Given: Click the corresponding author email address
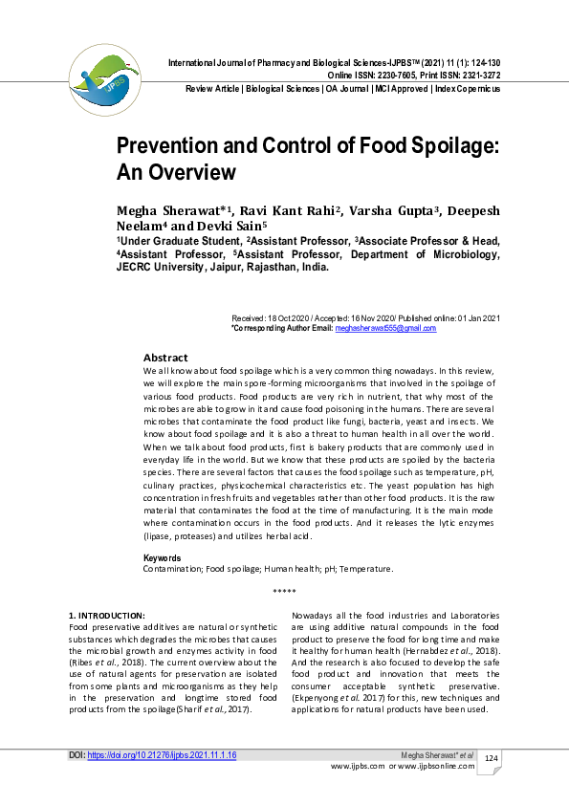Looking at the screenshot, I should point(384,328).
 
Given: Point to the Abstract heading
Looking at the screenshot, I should point(165,357).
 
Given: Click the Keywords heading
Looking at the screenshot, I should point(163,557).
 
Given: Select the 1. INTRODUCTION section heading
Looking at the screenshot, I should point(107,615).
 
